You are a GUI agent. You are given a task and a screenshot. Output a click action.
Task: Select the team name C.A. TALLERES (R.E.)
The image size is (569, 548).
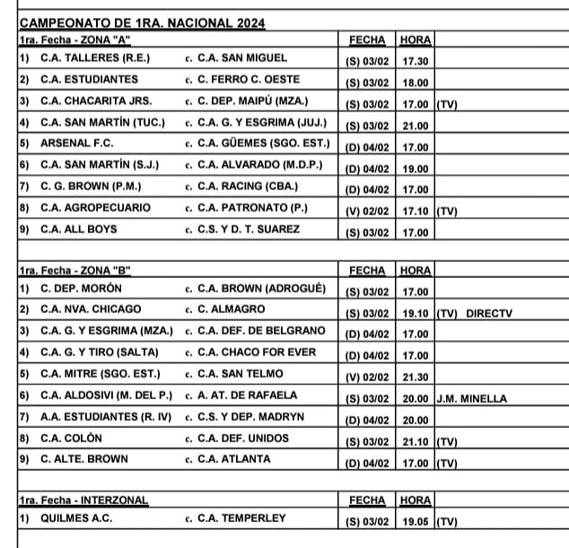tap(95, 58)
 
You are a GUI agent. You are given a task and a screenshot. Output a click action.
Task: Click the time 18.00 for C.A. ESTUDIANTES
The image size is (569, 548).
tap(416, 83)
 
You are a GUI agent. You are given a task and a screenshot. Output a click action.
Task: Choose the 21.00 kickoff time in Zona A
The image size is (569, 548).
tap(416, 126)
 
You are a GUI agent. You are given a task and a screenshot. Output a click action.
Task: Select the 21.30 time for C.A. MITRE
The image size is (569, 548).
tap(416, 377)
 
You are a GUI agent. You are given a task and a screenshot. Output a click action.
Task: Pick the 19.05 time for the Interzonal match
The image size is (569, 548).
tap(416, 521)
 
